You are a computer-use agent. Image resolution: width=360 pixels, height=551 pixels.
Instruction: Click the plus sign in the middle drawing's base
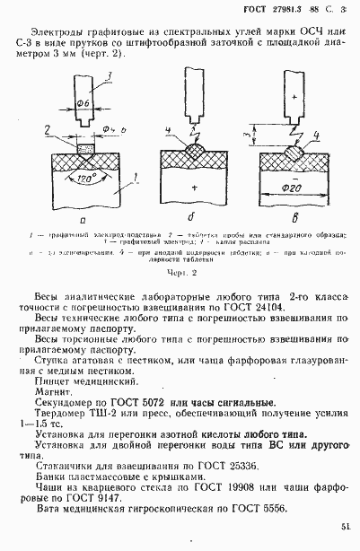point(192,188)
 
